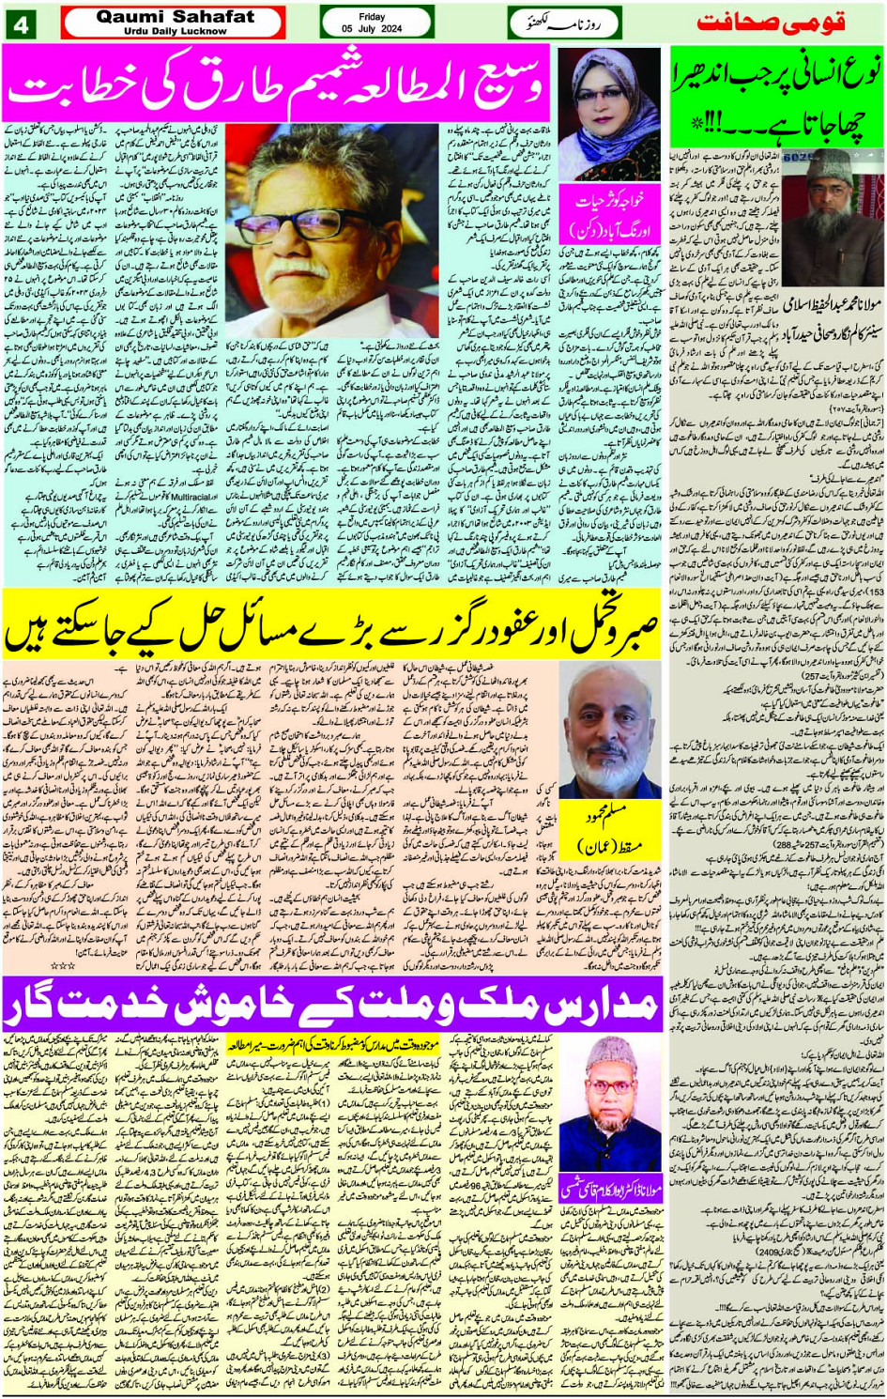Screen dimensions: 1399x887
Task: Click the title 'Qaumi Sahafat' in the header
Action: (175, 16)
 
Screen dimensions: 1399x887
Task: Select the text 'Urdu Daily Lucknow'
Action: (175, 31)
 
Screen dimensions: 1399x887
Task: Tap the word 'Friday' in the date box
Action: (372, 17)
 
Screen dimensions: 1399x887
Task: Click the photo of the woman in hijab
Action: (609, 115)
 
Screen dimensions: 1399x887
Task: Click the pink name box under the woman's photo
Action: (609, 215)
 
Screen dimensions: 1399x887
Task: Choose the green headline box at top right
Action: (777, 99)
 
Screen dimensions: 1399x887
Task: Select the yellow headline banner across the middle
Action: (333, 626)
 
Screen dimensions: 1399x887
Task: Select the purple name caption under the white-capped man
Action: (611, 1188)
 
